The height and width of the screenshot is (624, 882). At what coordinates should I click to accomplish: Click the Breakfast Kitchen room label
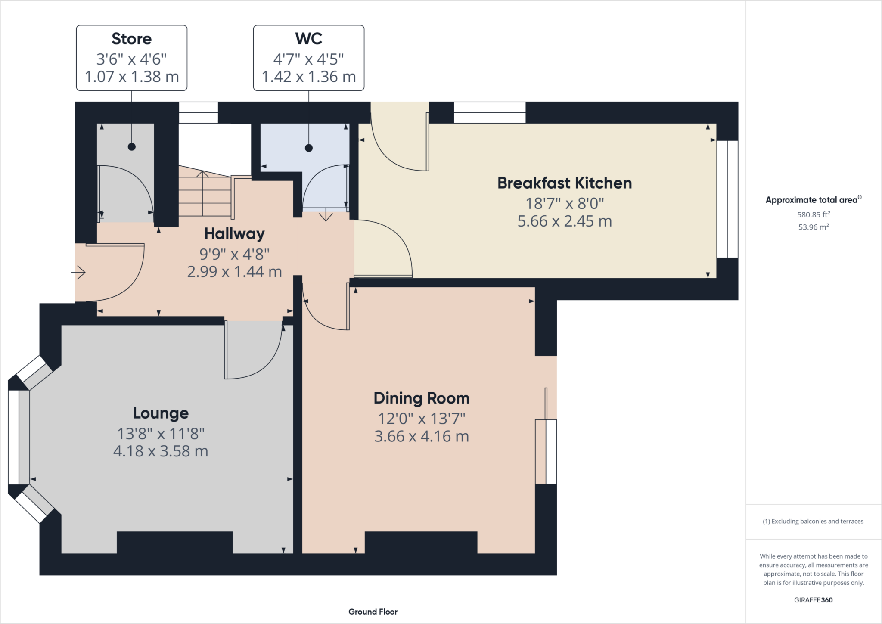coord(564,183)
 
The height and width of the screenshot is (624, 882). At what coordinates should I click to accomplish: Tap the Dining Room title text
coord(421,398)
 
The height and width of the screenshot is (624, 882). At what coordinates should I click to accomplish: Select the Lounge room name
coord(161,413)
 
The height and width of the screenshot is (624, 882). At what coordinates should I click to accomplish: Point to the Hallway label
coord(234,234)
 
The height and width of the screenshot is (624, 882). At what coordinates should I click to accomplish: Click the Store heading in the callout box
coord(131,39)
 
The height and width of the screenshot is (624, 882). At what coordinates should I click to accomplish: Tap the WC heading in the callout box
coord(308,39)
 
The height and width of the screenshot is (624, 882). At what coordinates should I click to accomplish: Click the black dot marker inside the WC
coord(308,148)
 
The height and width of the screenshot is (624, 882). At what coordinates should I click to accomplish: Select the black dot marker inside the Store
coord(132,147)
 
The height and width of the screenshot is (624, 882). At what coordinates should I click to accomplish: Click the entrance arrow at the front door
coord(79,272)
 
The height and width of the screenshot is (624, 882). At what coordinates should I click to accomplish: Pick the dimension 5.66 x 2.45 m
coord(564,221)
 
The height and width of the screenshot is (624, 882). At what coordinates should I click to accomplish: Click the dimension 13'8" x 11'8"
coord(161,433)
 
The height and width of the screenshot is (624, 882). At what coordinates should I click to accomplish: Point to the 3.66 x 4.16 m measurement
coord(421,437)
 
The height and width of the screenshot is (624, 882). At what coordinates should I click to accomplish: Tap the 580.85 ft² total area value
coord(813,214)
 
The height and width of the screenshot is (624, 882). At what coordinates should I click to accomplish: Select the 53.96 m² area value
coord(813,227)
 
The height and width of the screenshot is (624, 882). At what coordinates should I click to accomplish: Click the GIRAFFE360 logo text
coord(813,600)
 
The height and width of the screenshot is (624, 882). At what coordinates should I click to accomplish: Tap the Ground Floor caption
coord(373,612)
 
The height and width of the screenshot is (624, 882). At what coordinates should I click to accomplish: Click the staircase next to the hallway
coord(205,194)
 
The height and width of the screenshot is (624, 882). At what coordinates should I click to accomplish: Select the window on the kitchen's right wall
coord(727,199)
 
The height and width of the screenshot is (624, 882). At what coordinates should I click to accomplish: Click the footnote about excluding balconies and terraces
coord(813,522)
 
